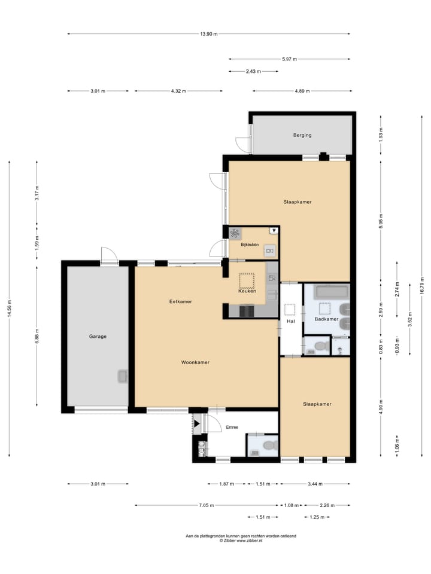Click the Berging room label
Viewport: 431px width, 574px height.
click(302, 135)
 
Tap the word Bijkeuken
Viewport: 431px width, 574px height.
click(249, 245)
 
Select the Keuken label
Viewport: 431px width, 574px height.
click(247, 291)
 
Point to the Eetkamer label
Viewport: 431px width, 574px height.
click(180, 301)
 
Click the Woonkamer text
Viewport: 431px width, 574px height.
click(196, 362)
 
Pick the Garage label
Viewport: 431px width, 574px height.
click(98, 336)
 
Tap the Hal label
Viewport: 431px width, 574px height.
click(291, 322)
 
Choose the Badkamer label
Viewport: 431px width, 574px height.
click(326, 319)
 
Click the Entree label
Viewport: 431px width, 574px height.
click(232, 428)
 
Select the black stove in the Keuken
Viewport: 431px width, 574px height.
click(247, 311)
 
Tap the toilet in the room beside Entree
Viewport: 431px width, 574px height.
click(268, 445)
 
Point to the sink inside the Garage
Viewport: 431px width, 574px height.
click(122, 376)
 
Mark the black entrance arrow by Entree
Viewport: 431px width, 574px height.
click(196, 423)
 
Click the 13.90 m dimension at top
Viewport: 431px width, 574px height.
click(209, 33)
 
